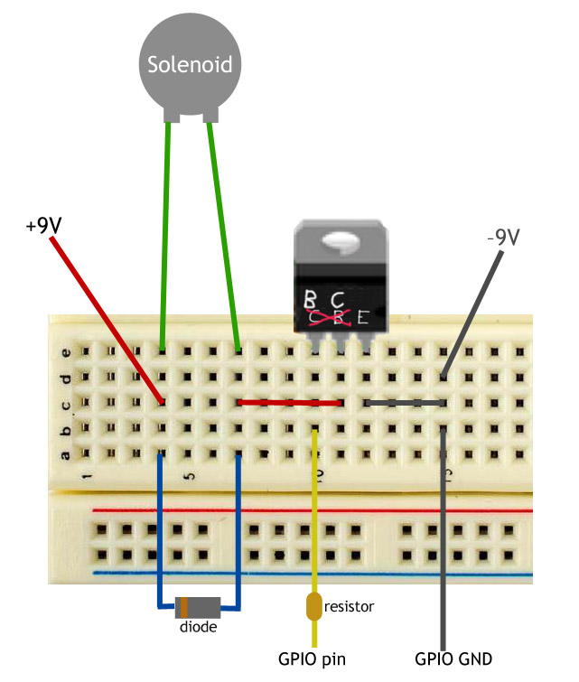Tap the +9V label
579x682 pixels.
point(43,225)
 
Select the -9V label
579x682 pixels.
point(503,238)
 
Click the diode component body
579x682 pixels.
point(199,607)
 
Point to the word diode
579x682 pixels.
point(198,626)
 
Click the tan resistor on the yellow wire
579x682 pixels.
point(314,606)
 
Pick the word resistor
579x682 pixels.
point(349,606)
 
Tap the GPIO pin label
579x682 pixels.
point(313,659)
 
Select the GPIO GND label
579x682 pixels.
point(453,659)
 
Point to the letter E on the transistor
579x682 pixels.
point(363,317)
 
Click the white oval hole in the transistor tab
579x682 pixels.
point(339,240)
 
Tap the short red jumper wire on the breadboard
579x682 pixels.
point(289,403)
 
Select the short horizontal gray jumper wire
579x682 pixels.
point(405,402)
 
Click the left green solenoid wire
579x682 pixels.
point(164,235)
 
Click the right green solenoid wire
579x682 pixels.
point(225,235)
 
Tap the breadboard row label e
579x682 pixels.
point(64,351)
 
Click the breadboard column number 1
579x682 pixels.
point(87,473)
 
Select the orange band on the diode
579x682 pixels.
point(183,607)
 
